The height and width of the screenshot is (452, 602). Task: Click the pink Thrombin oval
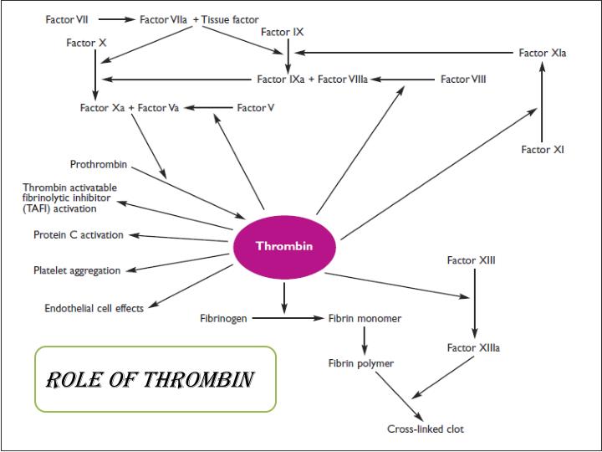(283, 247)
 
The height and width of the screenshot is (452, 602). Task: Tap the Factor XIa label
(543, 53)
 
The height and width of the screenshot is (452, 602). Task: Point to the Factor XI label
(543, 150)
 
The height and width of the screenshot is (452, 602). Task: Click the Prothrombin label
(99, 164)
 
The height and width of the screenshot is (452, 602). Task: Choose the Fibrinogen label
(223, 319)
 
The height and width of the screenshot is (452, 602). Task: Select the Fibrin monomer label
(365, 319)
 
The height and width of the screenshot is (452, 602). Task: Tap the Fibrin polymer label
(360, 363)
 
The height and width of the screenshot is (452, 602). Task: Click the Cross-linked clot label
(426, 429)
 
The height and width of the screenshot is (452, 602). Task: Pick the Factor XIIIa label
(473, 347)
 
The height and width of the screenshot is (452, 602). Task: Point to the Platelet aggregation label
(77, 270)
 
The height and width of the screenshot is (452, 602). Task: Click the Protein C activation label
(79, 235)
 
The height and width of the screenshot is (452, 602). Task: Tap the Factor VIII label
(463, 80)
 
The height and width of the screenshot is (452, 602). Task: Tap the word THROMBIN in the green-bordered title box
(198, 381)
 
